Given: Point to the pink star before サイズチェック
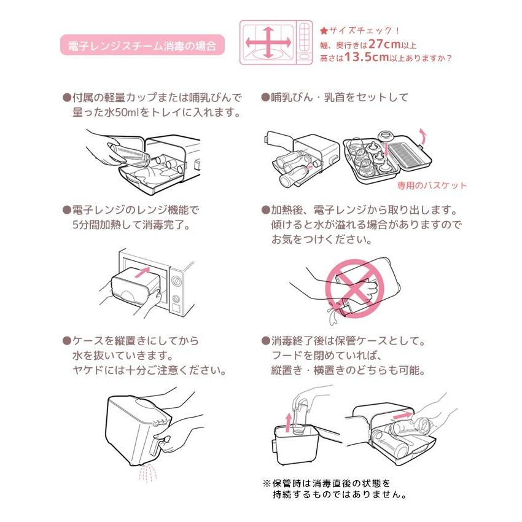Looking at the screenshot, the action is tap(324, 30).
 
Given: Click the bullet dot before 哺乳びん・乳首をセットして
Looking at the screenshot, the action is tap(265, 98).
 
